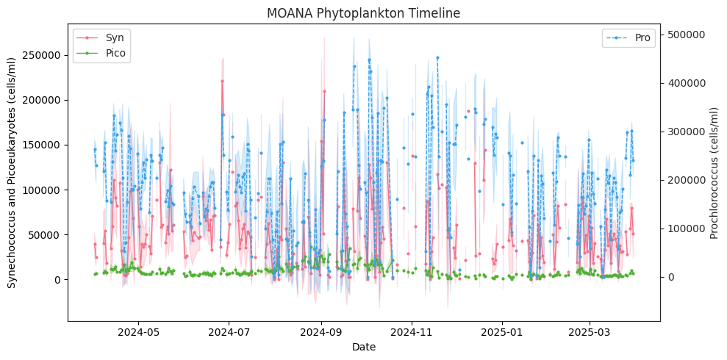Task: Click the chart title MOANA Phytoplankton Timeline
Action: [x=363, y=13]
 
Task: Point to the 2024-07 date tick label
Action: [x=229, y=332]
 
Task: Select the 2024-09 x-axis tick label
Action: [x=321, y=332]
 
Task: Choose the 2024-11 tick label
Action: [x=412, y=332]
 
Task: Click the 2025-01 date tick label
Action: [x=502, y=332]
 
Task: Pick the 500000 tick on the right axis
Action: [x=685, y=35]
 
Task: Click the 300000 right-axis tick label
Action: [x=685, y=132]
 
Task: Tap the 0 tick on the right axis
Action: [x=669, y=277]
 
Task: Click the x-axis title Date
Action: [x=363, y=347]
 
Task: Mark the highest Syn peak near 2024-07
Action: [x=222, y=81]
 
